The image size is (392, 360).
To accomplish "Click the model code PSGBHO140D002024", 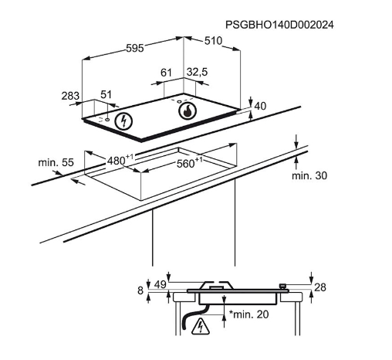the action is point(279,25).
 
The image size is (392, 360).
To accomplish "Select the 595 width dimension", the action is point(135,48).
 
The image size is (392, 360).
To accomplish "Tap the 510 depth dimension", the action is point(213,41).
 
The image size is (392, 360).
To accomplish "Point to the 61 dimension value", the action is point(166,73).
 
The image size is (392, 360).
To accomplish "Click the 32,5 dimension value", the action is point(197,72).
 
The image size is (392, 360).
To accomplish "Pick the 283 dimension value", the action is point(70,96).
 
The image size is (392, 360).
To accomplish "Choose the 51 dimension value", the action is point(106,94).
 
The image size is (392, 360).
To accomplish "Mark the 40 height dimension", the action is point(260,106).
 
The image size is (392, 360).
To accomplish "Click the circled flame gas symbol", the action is point(188,111).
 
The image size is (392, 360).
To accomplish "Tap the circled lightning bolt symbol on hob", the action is point(123,121).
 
